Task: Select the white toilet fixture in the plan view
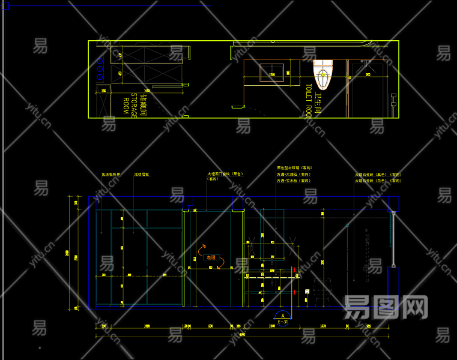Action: point(322,74)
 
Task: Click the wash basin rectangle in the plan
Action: point(271,73)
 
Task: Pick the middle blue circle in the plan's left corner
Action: point(100,68)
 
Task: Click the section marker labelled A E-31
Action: point(283,316)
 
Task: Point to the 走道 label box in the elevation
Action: point(211,257)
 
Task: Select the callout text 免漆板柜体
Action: point(111,175)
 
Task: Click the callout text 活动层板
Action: point(142,175)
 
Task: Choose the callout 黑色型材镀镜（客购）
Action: point(294,168)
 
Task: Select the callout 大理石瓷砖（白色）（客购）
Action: point(377,180)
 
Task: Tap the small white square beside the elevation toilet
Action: point(307,292)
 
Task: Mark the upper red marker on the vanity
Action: point(293,268)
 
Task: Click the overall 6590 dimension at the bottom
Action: point(243,334)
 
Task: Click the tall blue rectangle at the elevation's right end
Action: point(393,287)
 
